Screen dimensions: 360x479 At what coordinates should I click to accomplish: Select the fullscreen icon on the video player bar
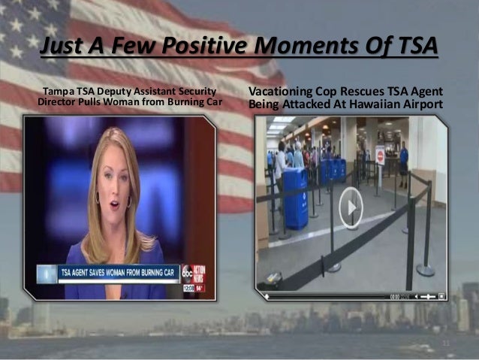click(441, 296)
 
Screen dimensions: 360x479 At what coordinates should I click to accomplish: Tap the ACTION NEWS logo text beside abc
click(200, 272)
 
